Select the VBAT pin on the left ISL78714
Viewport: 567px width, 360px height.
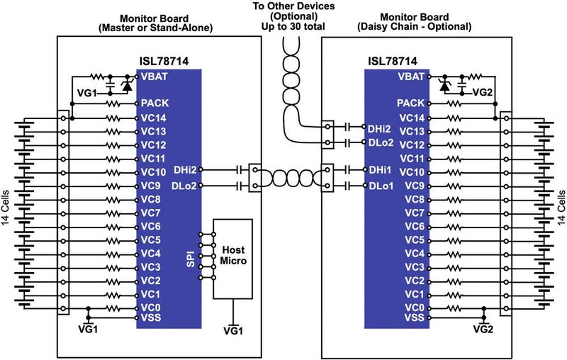point(155,76)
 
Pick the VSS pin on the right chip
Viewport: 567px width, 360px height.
point(412,318)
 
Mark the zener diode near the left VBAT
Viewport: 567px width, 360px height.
point(126,85)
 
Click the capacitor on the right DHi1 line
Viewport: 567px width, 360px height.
point(347,171)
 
